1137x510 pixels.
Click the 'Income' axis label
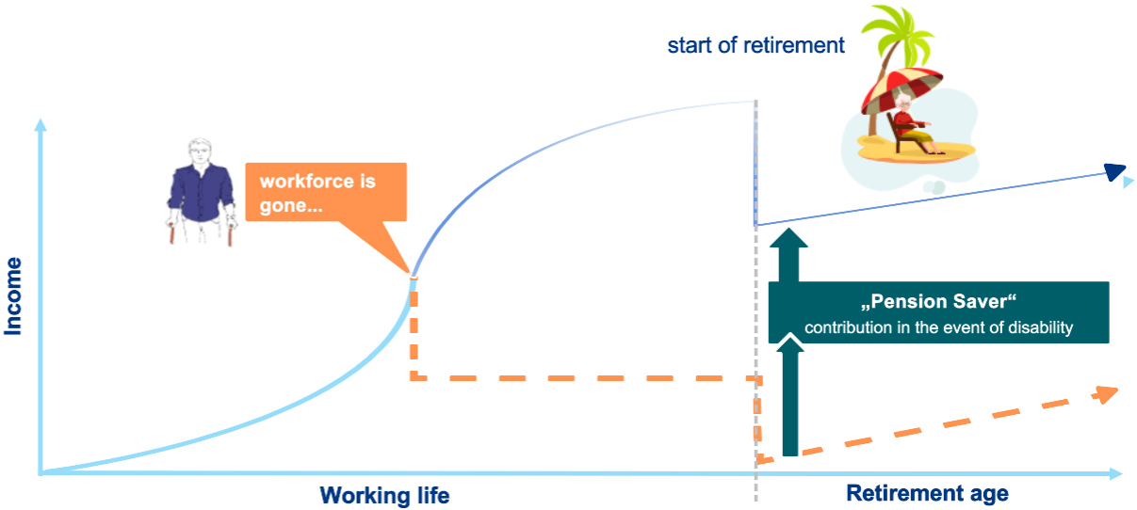tap(12, 296)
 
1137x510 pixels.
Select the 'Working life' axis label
tap(384, 495)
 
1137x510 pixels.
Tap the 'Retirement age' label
tap(927, 494)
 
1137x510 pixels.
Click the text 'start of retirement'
tap(755, 45)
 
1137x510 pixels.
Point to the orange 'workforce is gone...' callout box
tap(326, 192)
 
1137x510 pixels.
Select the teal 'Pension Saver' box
tap(938, 312)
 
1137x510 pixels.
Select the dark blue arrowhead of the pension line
tap(1115, 171)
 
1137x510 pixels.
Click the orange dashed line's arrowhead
tap(1107, 394)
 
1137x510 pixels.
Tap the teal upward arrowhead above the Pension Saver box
tap(788, 238)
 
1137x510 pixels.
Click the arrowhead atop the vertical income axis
tap(41, 125)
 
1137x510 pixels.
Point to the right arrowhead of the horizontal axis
tap(1116, 474)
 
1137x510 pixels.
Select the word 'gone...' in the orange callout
tap(291, 206)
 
